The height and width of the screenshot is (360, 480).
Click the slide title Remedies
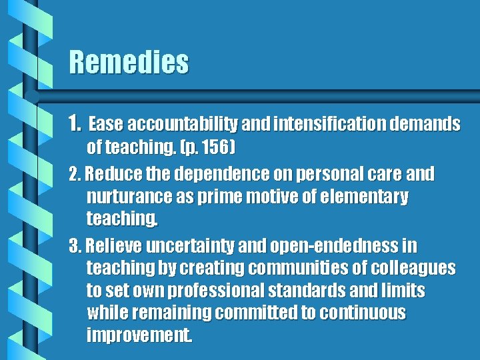point(129,63)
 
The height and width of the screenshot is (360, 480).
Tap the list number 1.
point(75,123)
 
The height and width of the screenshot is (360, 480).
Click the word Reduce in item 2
point(111,174)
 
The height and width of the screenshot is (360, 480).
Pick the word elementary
point(364,197)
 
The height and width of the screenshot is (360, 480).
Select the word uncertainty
point(185,246)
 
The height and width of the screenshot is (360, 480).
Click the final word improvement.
point(139,335)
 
